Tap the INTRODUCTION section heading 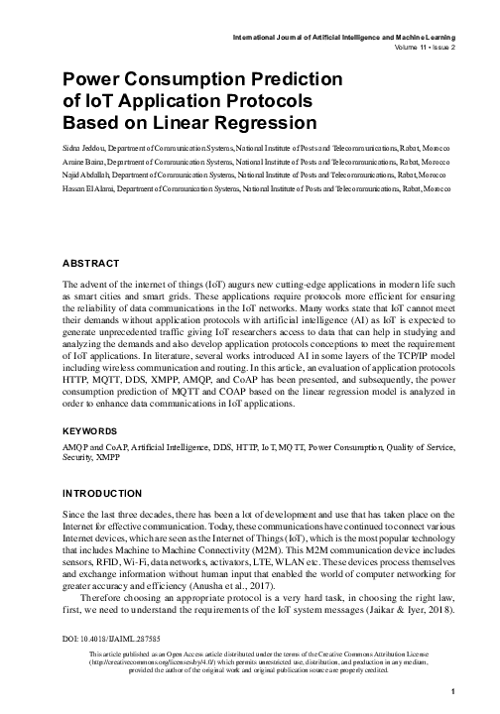[107, 493]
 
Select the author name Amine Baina [85, 159]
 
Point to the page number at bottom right [451, 691]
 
